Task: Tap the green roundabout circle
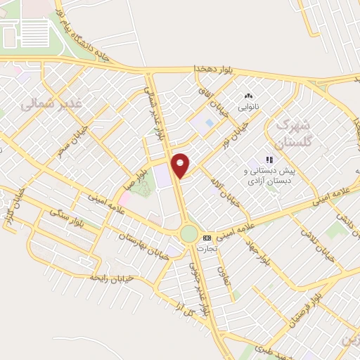[x=189, y=233]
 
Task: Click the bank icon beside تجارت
[x=207, y=237]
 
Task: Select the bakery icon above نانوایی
[x=247, y=96]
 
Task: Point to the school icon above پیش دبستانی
[x=269, y=160]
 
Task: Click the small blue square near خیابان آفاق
[x=210, y=124]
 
